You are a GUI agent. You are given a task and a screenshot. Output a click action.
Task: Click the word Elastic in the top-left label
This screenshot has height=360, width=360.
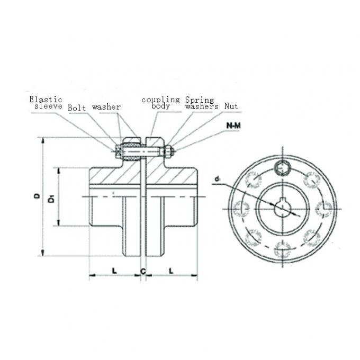[46, 99]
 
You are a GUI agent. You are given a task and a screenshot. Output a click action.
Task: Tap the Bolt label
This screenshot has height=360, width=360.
[77, 107]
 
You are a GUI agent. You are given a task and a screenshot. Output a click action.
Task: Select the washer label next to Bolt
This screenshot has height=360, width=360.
[106, 107]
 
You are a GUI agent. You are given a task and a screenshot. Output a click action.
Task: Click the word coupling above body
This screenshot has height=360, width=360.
[160, 99]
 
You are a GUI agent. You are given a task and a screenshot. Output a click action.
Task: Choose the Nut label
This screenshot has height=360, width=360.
[230, 106]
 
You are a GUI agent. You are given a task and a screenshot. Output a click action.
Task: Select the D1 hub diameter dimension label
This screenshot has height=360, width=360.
[51, 199]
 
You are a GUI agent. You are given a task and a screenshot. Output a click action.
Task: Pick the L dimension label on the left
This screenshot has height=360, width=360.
[114, 271]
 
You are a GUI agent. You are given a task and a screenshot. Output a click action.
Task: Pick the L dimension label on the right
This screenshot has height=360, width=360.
[170, 271]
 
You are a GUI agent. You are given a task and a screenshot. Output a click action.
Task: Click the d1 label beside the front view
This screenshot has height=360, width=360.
[218, 180]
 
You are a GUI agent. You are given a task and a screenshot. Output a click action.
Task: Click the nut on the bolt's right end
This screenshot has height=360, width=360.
[168, 152]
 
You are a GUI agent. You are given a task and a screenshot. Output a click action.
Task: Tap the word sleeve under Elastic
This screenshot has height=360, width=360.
[48, 106]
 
